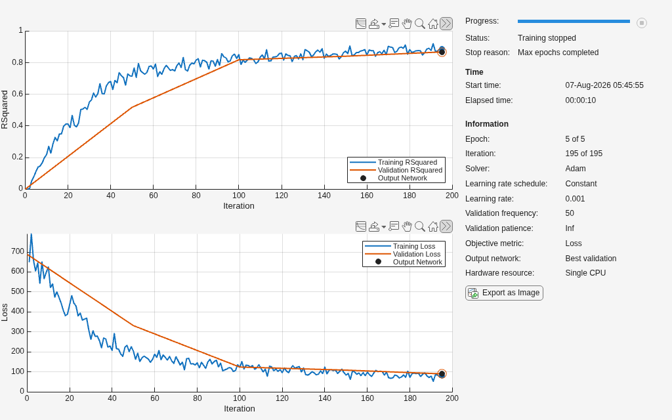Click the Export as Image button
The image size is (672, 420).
coord(504,293)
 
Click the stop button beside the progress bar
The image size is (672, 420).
coord(642,23)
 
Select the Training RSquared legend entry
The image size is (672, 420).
coord(394,162)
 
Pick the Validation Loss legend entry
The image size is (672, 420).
coord(402,254)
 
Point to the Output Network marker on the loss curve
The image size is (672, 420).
coord(442,373)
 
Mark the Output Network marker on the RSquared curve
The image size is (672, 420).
coord(442,52)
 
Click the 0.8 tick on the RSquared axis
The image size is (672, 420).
coord(18,62)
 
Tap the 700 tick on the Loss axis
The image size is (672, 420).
coord(18,251)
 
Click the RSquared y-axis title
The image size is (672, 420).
coord(5,110)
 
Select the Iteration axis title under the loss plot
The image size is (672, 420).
coord(239,408)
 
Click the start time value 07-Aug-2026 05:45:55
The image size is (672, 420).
coord(604,85)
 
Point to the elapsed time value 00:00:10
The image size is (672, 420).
coord(580,100)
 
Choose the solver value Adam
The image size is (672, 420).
coord(575,169)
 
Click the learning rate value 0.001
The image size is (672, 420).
coord(575,198)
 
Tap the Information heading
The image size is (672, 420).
coord(487,124)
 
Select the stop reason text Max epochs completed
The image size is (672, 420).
coord(558,52)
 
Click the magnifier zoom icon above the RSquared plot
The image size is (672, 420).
coord(420,24)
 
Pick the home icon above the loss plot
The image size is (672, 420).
coord(433,226)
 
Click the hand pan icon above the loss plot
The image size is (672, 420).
coord(407,226)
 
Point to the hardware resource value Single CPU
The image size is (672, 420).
coord(585,273)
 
